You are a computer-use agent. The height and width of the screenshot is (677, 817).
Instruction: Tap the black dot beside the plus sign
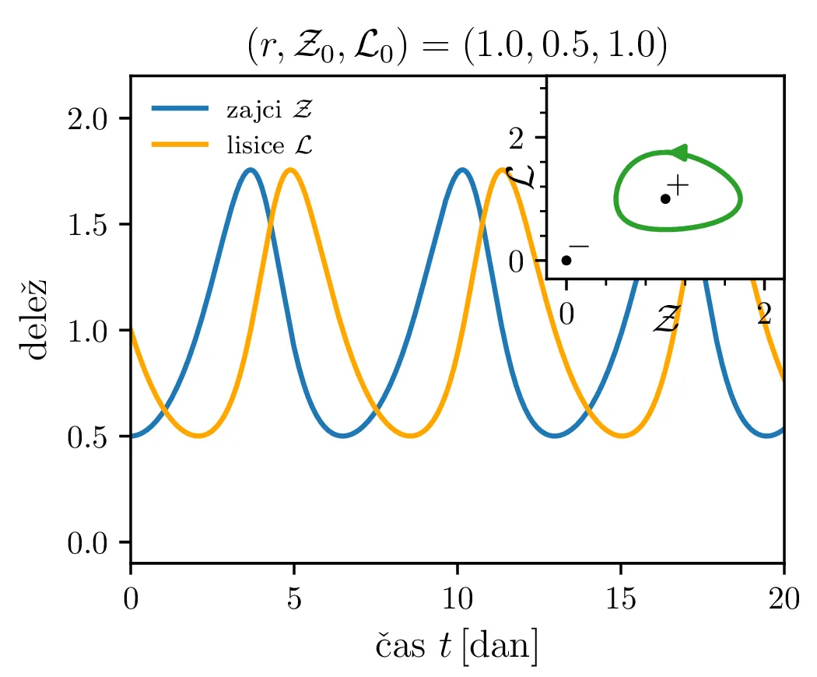[x=665, y=198]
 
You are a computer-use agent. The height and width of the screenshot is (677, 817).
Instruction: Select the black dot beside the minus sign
[x=566, y=260]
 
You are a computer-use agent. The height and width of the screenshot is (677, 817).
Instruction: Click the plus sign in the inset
[x=678, y=185]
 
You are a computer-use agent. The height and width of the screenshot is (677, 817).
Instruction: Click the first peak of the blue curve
[x=251, y=169]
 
